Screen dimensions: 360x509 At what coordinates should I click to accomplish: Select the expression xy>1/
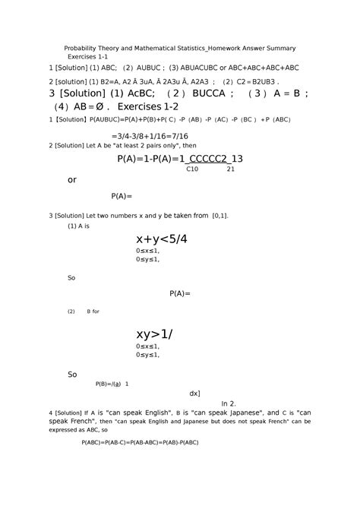pyautogui.click(x=155, y=334)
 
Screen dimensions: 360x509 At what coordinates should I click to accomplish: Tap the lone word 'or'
pyautogui.click(x=73, y=180)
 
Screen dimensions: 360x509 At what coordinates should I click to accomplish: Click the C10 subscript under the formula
pyautogui.click(x=192, y=169)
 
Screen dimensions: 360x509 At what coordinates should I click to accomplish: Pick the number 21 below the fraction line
pyautogui.click(x=231, y=169)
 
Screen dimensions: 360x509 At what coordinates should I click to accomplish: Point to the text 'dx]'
pyautogui.click(x=194, y=394)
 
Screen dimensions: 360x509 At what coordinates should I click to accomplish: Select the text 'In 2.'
pyautogui.click(x=229, y=403)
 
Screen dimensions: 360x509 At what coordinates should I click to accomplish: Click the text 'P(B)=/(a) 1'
pyautogui.click(x=112, y=384)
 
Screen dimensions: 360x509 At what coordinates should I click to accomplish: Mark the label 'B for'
pyautogui.click(x=93, y=311)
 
